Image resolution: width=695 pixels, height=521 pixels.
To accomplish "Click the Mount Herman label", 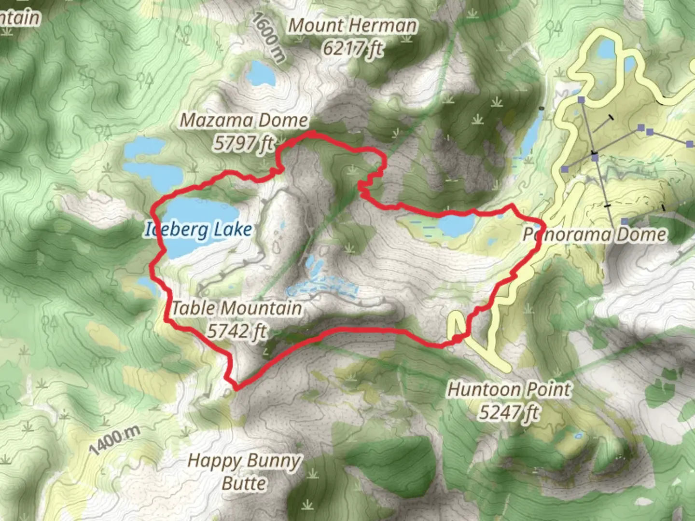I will [352, 26].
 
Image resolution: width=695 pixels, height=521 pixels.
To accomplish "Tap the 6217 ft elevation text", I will [352, 48].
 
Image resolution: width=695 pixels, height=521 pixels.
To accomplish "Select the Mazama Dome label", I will [244, 120].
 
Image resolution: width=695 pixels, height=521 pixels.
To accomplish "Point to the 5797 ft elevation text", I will [244, 143].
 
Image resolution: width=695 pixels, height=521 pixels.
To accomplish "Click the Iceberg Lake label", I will [198, 230].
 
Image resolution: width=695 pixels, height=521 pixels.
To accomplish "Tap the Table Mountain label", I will [237, 308].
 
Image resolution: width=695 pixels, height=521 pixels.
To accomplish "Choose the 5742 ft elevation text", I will [237, 331].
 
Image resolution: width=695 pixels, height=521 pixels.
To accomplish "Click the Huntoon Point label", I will [509, 389].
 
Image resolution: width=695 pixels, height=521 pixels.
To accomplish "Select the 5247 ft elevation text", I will [509, 412].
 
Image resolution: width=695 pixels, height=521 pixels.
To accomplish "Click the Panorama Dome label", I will [595, 235].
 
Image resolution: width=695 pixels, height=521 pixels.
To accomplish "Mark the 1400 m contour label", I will [114, 440].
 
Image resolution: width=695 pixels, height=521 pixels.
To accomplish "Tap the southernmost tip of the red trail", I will [236, 387].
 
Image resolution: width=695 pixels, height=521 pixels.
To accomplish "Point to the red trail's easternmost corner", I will [543, 226].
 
